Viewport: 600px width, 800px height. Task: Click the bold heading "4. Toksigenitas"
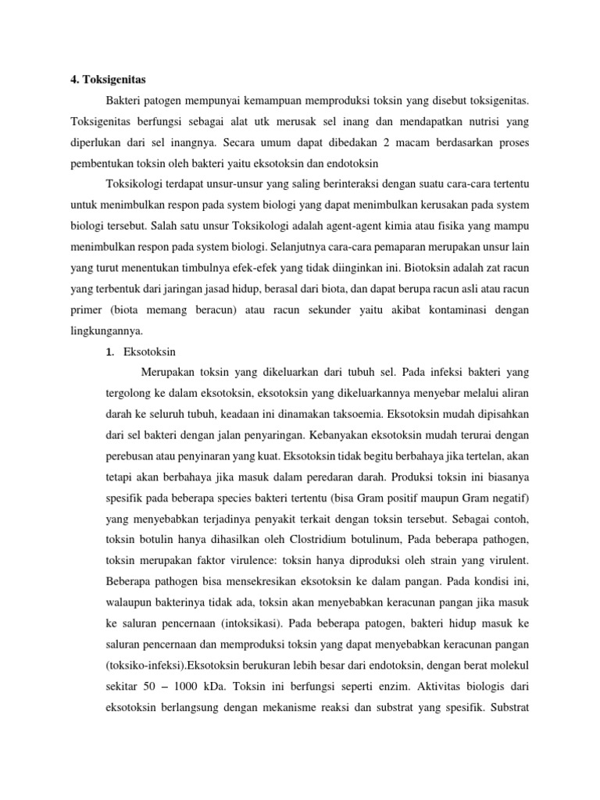tap(103, 79)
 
